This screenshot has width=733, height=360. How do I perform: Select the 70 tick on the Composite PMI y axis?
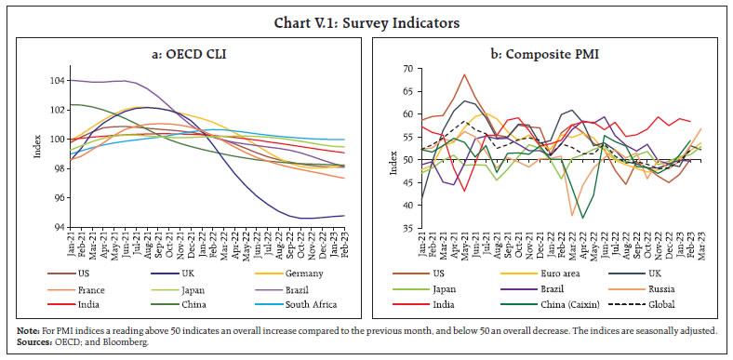pyautogui.click(x=406, y=69)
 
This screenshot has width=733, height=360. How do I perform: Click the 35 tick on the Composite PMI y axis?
pyautogui.click(x=406, y=228)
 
